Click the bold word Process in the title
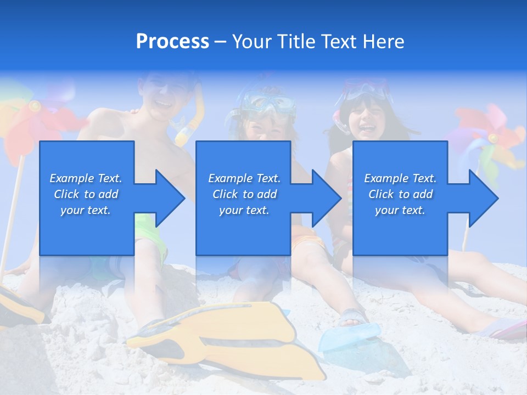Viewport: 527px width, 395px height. (x=172, y=42)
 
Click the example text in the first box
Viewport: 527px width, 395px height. (x=86, y=194)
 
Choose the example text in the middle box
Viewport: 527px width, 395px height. (x=244, y=194)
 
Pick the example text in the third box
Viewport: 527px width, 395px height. (x=400, y=194)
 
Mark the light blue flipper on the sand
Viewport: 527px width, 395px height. (x=351, y=337)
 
